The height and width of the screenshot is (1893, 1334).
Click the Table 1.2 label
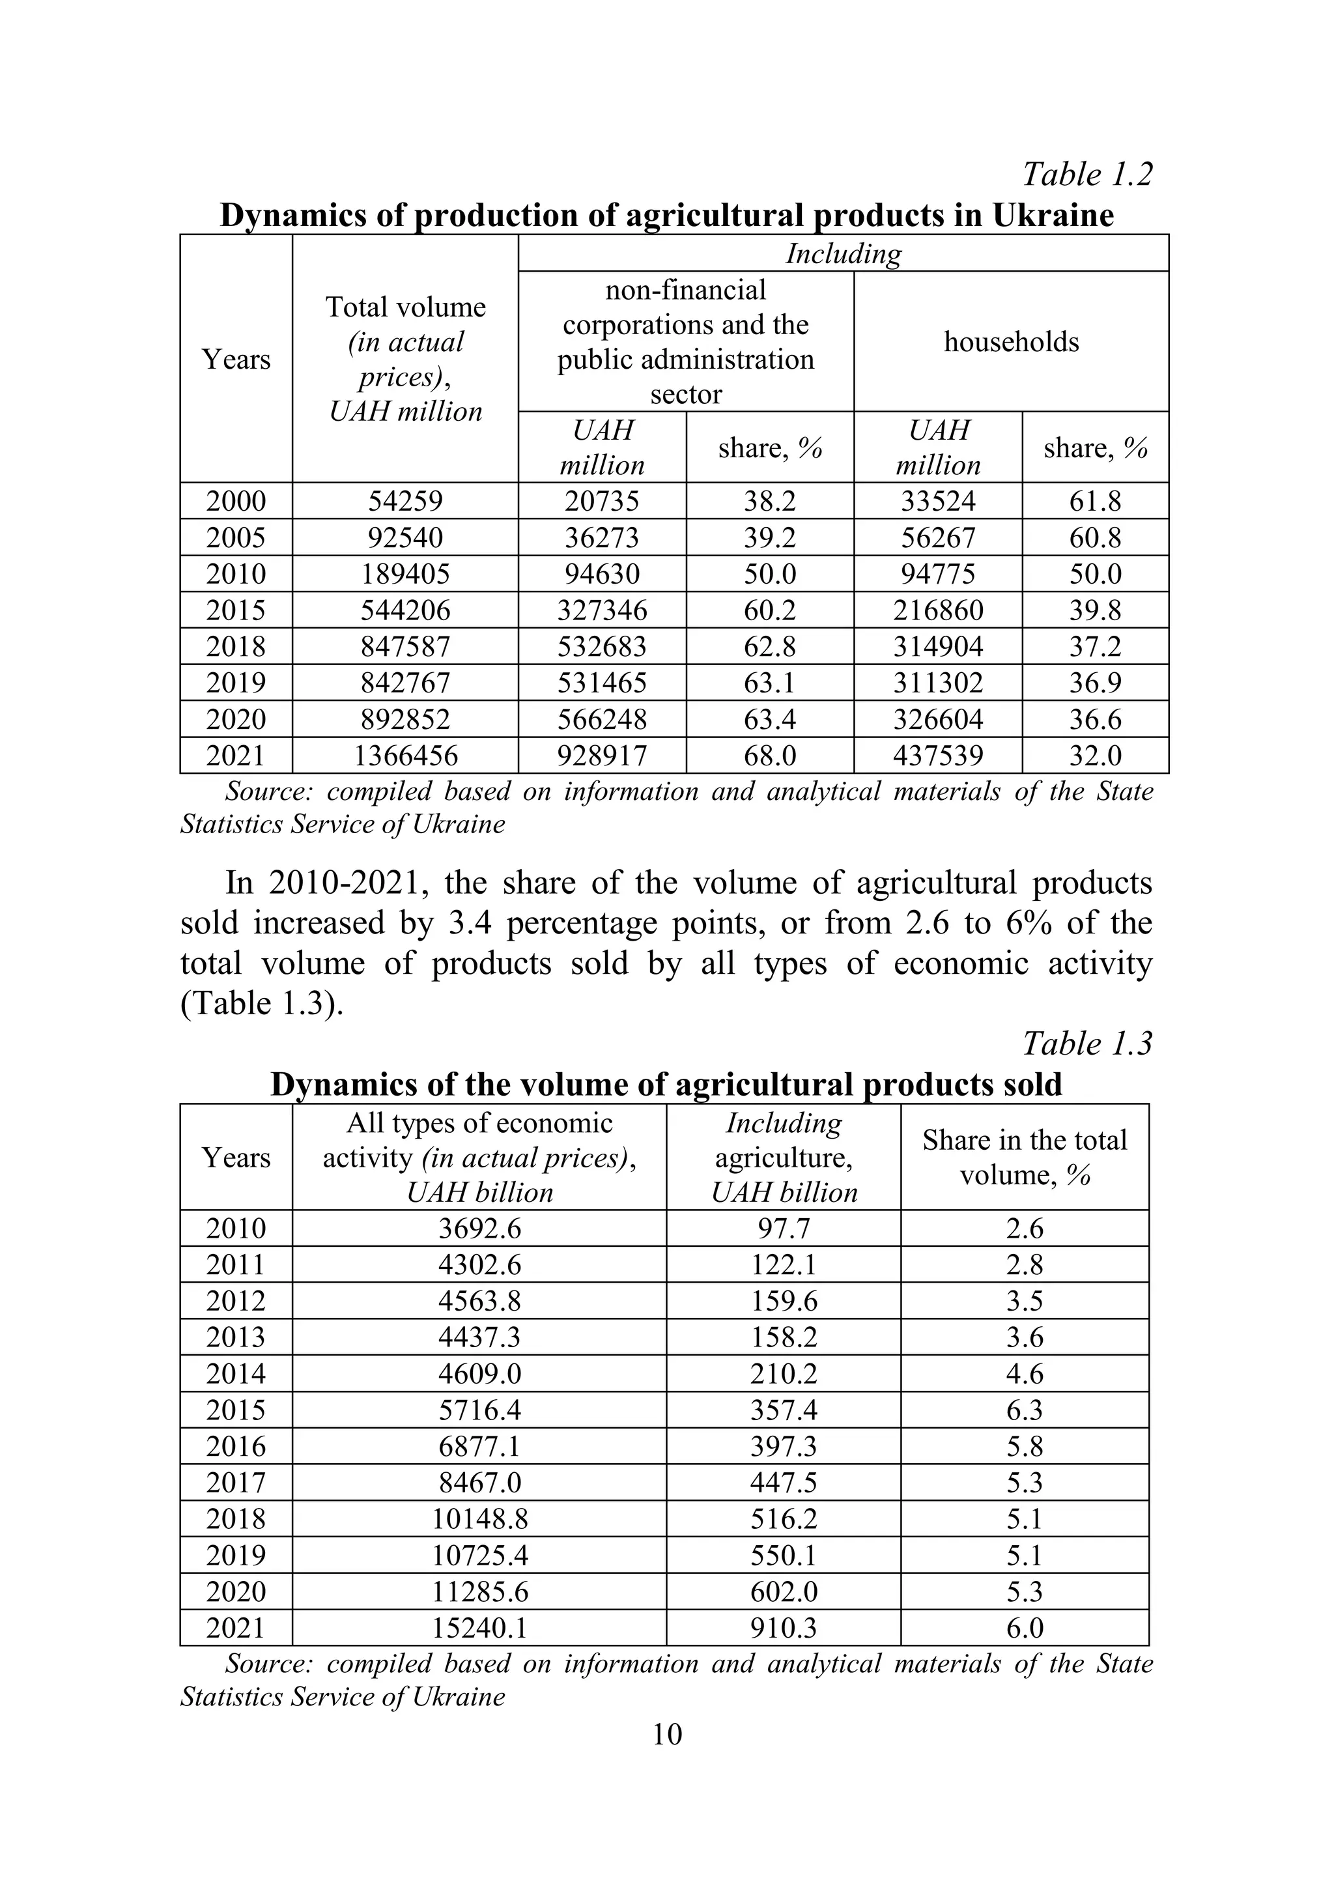[x=1086, y=174]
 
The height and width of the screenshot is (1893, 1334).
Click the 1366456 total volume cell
[x=404, y=755]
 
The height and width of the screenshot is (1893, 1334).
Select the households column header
[x=1011, y=341]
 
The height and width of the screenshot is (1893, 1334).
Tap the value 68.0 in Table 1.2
[x=769, y=755]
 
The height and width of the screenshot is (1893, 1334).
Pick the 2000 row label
[x=236, y=502]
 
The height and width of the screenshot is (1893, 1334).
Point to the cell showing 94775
[x=937, y=574]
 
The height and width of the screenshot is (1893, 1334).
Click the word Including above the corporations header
[x=843, y=253]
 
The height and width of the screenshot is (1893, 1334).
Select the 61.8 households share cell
[x=1095, y=502]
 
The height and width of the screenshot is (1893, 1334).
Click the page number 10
[x=666, y=1735]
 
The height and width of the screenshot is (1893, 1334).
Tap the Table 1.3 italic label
[x=1086, y=1043]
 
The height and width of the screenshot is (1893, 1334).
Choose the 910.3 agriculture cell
[x=783, y=1627]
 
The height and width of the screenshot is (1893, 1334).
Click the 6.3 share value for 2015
[x=1024, y=1410]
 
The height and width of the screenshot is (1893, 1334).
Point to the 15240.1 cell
[x=479, y=1627]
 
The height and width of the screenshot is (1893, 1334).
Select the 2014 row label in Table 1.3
[x=236, y=1374]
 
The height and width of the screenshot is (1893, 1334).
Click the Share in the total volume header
[x=1024, y=1157]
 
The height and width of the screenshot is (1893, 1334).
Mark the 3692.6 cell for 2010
[x=479, y=1229]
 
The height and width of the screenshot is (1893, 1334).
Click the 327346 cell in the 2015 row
[x=602, y=610]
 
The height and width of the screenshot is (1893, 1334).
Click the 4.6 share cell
[x=1024, y=1374]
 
